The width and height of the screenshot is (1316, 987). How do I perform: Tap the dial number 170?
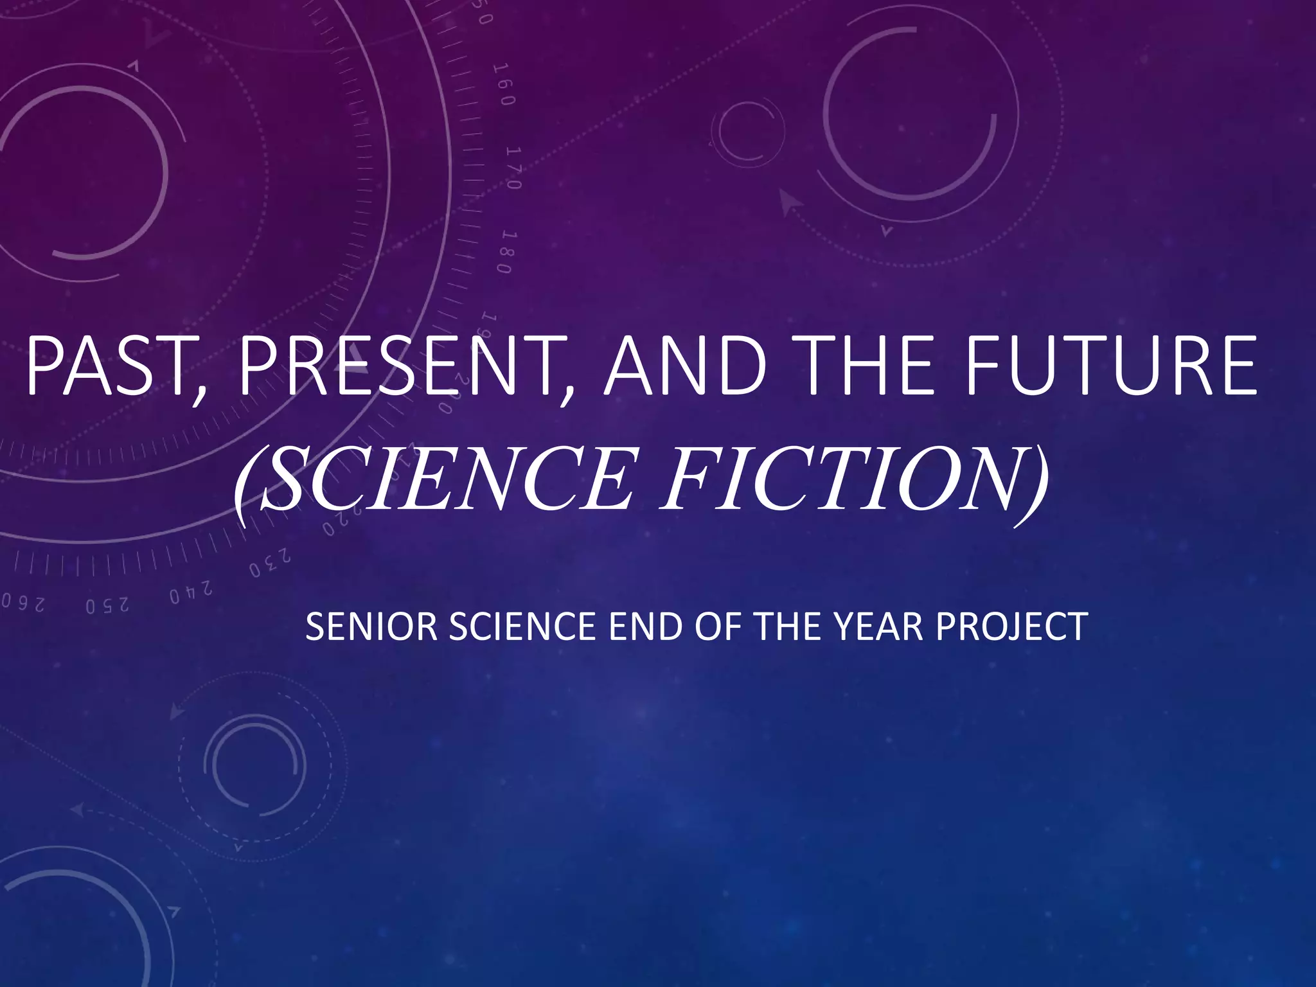click(513, 168)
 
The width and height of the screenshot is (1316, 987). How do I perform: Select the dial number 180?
click(504, 251)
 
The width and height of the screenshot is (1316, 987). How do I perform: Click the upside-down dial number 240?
click(191, 592)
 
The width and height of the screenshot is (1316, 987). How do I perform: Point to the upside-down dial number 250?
click(107, 606)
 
